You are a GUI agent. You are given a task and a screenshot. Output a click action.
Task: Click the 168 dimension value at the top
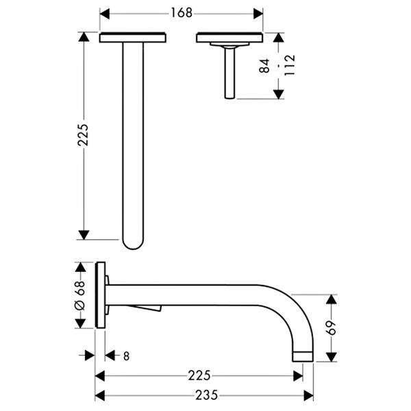coord(182,13)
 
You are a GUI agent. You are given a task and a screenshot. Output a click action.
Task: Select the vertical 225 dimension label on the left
coord(83,135)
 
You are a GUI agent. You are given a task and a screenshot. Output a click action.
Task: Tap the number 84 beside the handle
coord(264,66)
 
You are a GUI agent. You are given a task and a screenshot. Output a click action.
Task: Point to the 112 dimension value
coord(289,65)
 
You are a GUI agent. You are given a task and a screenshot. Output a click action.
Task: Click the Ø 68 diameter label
coord(80,295)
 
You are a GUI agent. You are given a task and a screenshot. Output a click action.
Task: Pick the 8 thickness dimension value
coord(126,356)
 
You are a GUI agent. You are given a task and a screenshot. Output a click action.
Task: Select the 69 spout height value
coord(331,327)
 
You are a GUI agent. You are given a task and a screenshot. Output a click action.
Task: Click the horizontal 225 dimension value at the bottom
coord(199,375)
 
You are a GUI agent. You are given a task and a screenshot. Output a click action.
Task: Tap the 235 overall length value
coord(207,395)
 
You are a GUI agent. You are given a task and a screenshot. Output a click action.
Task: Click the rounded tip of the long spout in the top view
coord(133,245)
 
